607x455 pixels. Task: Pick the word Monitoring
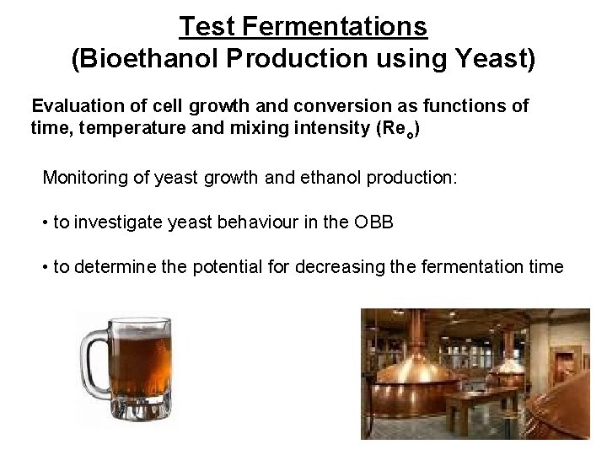[82, 178]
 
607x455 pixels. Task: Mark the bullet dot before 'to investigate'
[46, 223]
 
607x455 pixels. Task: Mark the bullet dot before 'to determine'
[46, 268]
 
